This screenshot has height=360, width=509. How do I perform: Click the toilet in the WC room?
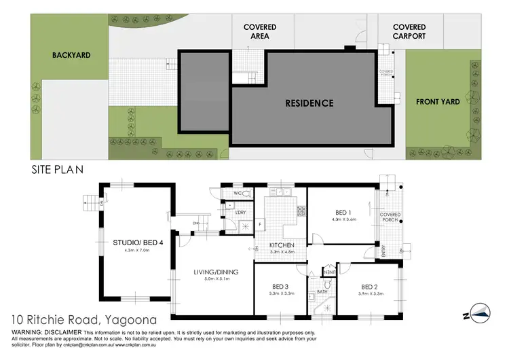246,194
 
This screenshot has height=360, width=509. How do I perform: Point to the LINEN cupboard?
330,272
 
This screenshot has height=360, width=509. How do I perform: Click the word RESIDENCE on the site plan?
309,103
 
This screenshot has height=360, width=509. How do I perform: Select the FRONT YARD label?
438,102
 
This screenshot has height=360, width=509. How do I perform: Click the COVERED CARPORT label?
409,31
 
